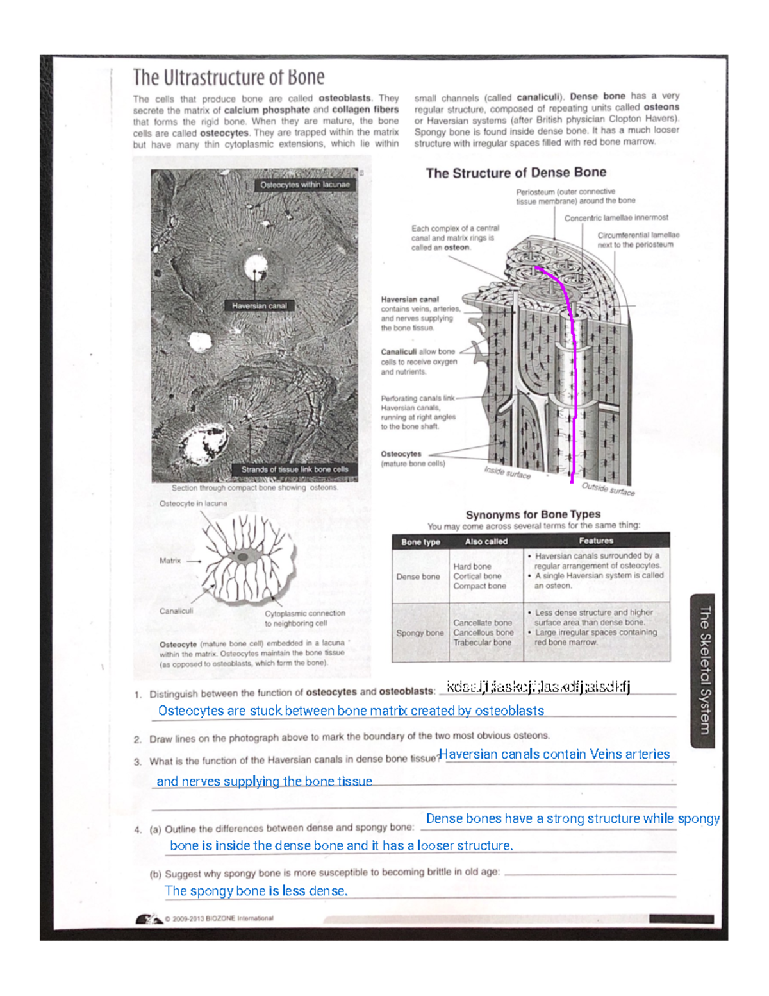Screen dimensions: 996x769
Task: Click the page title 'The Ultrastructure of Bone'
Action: tap(228, 78)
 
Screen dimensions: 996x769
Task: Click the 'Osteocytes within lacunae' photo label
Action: tap(304, 185)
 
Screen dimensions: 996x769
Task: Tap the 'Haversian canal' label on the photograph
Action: tap(259, 306)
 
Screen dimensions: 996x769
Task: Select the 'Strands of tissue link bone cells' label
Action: tap(294, 469)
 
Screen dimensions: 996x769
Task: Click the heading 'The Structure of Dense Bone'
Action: tap(516, 173)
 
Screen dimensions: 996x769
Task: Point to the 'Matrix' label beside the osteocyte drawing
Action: tap(170, 561)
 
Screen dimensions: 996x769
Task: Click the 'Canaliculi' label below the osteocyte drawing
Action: tap(176, 611)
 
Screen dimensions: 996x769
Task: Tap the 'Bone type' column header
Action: tap(420, 542)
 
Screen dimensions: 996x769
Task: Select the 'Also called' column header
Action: tap(486, 542)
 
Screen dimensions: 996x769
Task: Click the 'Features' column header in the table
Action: tap(596, 541)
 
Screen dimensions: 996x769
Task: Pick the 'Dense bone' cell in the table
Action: tap(418, 577)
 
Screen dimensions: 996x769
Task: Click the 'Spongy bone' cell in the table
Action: tap(420, 633)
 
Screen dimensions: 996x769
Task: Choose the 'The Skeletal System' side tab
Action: tap(704, 670)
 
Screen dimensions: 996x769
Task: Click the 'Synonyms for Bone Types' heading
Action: tap(533, 514)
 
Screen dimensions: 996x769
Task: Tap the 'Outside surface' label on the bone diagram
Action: tap(608, 489)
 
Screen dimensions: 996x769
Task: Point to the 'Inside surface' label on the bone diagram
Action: tap(507, 473)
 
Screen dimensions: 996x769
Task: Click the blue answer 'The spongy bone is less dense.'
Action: tap(256, 891)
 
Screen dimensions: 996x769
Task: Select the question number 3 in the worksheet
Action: tap(137, 762)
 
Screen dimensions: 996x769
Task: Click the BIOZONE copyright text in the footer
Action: tap(219, 918)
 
